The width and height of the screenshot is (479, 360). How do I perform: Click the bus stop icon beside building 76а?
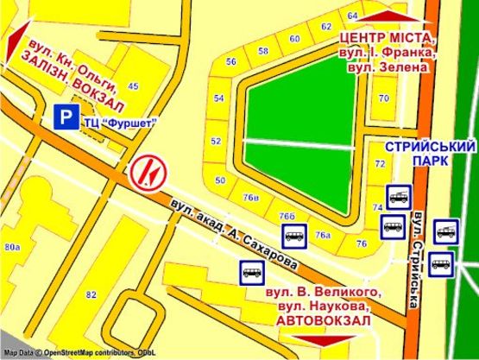[292, 234]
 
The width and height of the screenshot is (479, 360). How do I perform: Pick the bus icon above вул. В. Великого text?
[252, 273]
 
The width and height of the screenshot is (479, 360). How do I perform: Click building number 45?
[133, 86]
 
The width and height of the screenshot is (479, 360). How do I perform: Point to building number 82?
[91, 294]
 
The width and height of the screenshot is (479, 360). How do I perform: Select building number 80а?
[11, 248]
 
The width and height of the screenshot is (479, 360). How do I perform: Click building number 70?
[383, 98]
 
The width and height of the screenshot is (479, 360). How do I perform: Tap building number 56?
[230, 61]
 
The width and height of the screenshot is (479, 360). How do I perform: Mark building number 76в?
[251, 198]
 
